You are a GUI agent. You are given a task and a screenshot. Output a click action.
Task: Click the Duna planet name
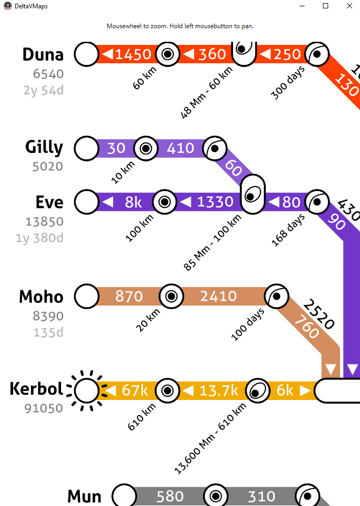(x=43, y=54)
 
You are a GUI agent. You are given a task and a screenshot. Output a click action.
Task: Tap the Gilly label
(x=44, y=147)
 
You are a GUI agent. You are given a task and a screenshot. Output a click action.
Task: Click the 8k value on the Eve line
(x=133, y=202)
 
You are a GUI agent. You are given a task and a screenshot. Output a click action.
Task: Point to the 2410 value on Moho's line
(x=218, y=297)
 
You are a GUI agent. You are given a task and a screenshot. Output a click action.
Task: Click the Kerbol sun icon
(x=87, y=390)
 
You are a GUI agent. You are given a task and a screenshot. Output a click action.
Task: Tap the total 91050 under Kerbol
(x=44, y=408)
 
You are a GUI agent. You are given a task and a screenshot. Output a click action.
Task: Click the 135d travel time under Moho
(x=48, y=332)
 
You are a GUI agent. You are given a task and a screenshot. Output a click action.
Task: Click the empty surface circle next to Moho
(x=87, y=297)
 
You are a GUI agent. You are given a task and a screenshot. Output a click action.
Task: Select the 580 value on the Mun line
(x=170, y=496)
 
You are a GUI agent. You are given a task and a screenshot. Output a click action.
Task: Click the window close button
(x=349, y=6)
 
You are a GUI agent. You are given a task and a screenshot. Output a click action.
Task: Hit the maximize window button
(x=325, y=6)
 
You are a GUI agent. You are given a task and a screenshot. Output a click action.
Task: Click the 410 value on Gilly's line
(x=180, y=148)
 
